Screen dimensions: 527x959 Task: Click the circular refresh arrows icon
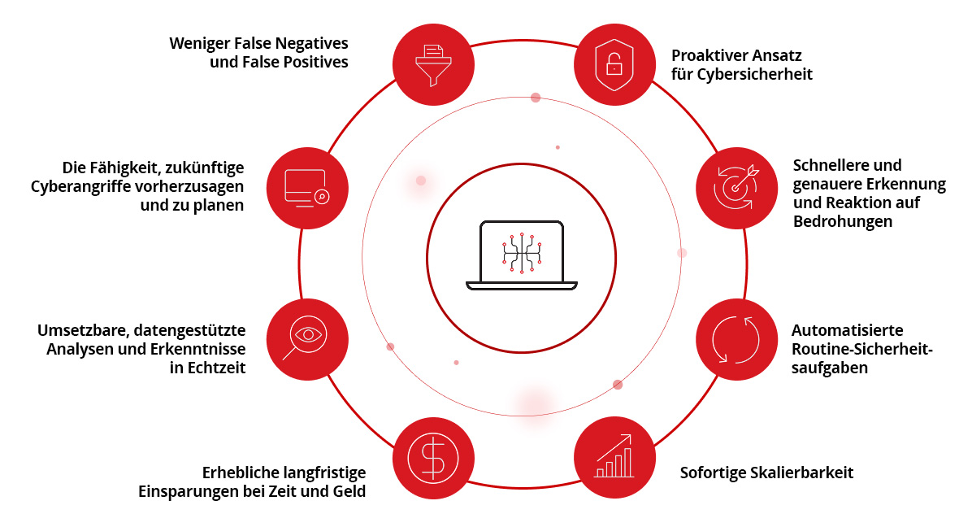[x=736, y=339]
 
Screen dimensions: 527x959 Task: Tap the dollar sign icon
[x=433, y=459]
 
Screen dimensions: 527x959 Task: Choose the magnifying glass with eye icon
[x=307, y=339]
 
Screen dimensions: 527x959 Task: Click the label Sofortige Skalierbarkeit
[x=766, y=473]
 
